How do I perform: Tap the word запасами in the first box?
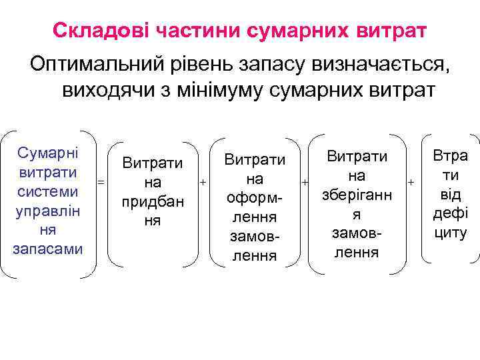click(x=47, y=249)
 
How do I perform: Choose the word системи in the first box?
click(x=47, y=191)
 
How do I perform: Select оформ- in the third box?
click(x=255, y=199)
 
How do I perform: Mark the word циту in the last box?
click(x=451, y=233)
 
